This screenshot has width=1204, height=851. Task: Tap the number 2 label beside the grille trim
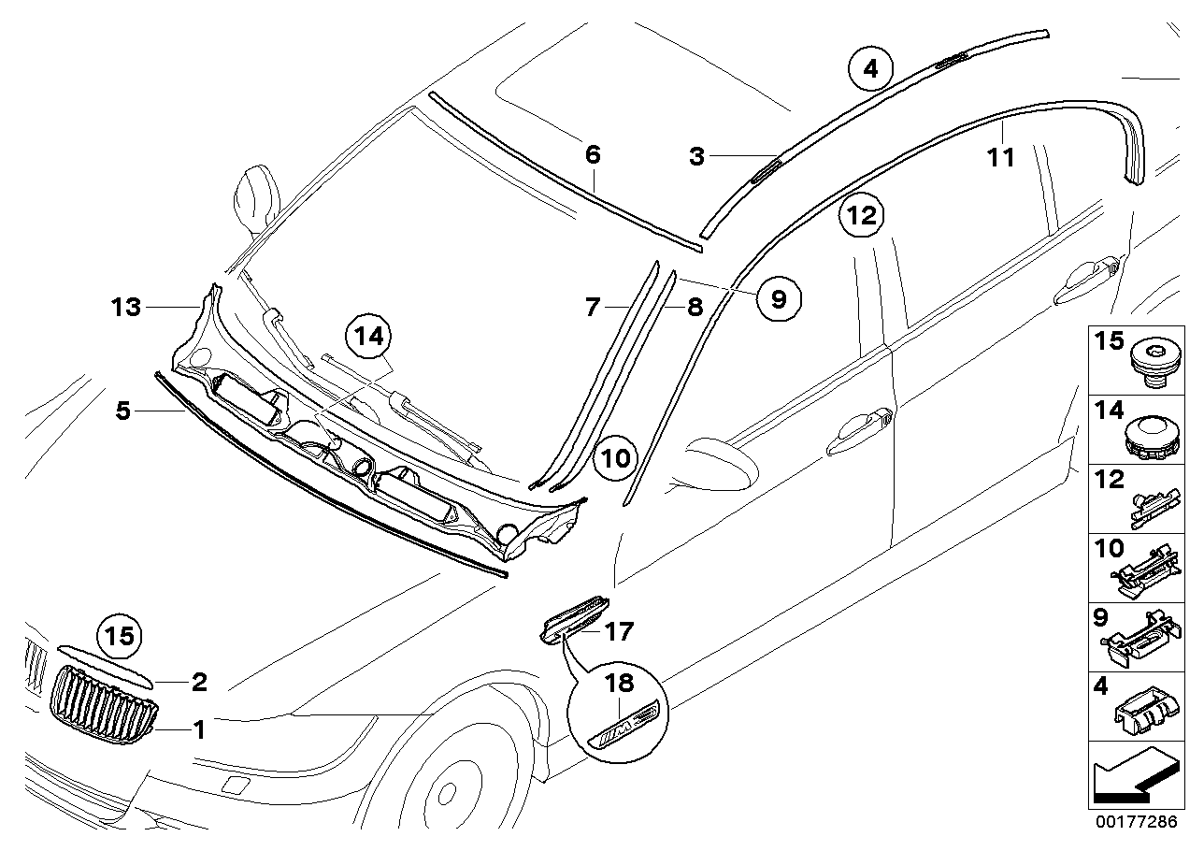(199, 683)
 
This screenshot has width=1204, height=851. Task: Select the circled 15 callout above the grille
(119, 638)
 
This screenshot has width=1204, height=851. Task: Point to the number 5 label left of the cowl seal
(123, 411)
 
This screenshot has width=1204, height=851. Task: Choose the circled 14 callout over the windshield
(371, 337)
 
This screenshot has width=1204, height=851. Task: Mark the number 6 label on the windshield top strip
(593, 154)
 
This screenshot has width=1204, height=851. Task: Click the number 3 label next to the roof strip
(696, 156)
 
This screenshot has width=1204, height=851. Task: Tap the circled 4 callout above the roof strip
(870, 68)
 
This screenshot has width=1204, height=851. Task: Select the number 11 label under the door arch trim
(1001, 158)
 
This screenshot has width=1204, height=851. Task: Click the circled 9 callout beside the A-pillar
(779, 298)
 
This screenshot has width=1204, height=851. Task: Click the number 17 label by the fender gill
(618, 633)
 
